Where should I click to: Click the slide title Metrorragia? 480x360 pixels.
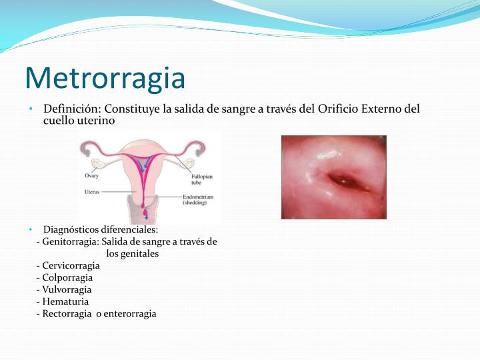[x=105, y=78]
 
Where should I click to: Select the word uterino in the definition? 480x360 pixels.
[x=97, y=121]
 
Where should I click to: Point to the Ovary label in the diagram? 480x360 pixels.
[x=91, y=176]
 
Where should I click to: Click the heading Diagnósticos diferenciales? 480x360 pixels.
[x=100, y=229]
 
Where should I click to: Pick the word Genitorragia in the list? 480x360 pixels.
[x=71, y=241]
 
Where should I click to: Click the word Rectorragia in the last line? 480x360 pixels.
[x=67, y=313]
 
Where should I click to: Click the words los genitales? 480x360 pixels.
[x=132, y=253]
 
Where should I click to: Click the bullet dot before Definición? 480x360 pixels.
[x=31, y=109]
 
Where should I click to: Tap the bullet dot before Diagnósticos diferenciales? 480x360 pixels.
[x=31, y=229]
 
